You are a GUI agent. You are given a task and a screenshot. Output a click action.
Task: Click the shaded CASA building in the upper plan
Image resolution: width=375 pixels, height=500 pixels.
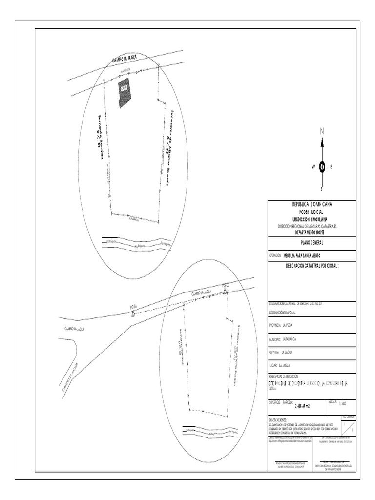click(124, 92)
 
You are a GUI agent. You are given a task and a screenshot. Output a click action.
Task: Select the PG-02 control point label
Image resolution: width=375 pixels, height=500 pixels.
click(226, 284)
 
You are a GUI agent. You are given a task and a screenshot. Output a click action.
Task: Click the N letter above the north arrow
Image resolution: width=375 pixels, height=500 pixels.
click(322, 131)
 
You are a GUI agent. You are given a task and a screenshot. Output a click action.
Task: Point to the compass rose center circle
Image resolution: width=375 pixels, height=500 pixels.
click(322, 167)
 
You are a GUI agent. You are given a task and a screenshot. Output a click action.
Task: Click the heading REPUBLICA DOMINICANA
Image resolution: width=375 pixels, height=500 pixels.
click(311, 204)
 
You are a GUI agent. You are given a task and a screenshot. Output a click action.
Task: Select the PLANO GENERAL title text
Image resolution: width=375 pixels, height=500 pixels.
click(311, 243)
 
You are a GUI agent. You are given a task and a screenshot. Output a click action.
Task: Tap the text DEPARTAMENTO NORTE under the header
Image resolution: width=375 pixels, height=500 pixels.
click(311, 232)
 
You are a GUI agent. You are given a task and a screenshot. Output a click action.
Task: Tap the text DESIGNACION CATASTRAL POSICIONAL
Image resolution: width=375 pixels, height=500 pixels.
click(311, 267)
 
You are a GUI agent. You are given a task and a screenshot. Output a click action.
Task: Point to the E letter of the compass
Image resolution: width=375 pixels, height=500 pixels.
click(332, 167)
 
